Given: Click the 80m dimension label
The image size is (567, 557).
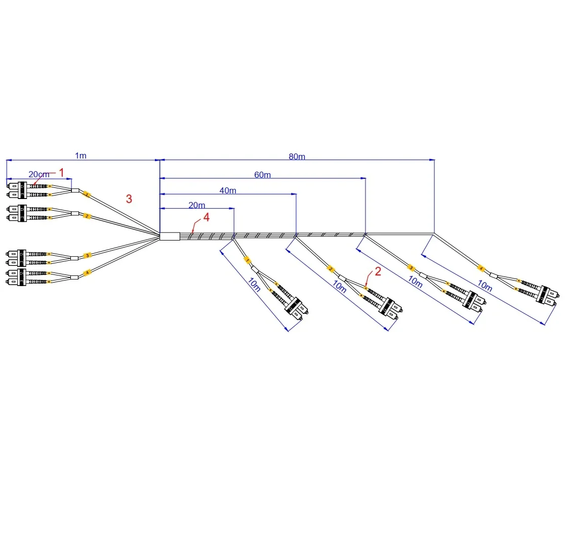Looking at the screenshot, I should pyautogui.click(x=297, y=156).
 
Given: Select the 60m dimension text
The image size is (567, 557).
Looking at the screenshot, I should pyautogui.click(x=262, y=175).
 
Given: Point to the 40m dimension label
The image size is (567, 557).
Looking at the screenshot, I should pyautogui.click(x=228, y=190).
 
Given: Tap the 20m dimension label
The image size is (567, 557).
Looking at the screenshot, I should pyautogui.click(x=197, y=205).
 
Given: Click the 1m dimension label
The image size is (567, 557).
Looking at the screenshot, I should pyautogui.click(x=80, y=155).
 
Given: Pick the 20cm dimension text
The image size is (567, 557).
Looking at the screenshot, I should pyautogui.click(x=39, y=174).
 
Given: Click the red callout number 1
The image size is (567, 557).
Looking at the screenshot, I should pyautogui.click(x=62, y=173).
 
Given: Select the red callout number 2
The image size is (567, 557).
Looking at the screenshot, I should pyautogui.click(x=378, y=271).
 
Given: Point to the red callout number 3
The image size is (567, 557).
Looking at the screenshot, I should pyautogui.click(x=129, y=199).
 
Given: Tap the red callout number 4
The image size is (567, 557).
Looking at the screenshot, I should pyautogui.click(x=206, y=217).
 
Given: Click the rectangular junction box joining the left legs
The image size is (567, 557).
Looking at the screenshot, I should pyautogui.click(x=170, y=236).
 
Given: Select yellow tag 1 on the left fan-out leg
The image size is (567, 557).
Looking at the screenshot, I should pyautogui.click(x=87, y=194).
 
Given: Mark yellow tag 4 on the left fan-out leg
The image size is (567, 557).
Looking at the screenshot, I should pyautogui.click(x=87, y=273).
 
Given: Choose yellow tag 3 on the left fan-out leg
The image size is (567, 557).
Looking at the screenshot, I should pyautogui.click(x=87, y=256).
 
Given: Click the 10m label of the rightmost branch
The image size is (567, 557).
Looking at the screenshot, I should pyautogui.click(x=485, y=286).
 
